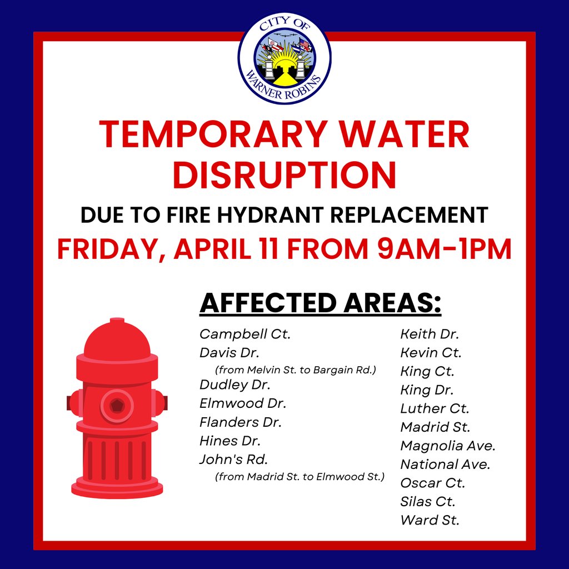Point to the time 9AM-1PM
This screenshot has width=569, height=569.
(443, 249)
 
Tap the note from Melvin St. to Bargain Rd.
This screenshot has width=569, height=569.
(296, 370)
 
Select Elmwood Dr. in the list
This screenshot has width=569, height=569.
(243, 403)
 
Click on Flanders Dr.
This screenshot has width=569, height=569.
(241, 422)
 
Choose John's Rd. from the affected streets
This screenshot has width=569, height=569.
(233, 460)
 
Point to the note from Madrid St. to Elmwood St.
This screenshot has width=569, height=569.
(300, 476)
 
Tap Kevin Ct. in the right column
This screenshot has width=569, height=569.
(431, 352)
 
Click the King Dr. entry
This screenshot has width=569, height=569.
(427, 390)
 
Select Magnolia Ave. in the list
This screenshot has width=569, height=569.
(447, 446)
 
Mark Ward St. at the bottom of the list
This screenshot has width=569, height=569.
(430, 520)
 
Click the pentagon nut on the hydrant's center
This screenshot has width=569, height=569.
(117, 404)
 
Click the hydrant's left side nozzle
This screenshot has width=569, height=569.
(72, 402)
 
